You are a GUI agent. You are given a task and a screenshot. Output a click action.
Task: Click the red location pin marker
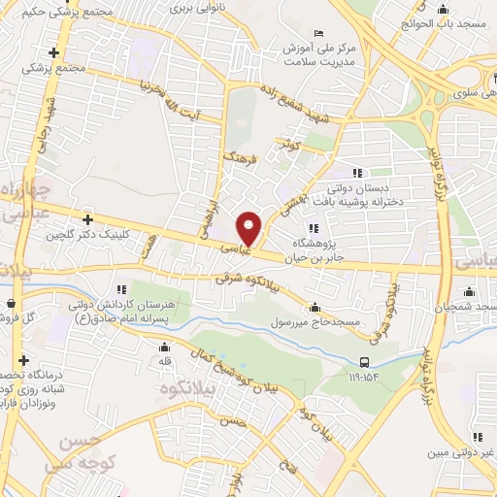tap(250, 228)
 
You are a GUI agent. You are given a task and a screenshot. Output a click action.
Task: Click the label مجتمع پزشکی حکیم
tap(66, 12)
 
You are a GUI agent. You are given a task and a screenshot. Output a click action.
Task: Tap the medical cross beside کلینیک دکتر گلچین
tap(87, 220)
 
